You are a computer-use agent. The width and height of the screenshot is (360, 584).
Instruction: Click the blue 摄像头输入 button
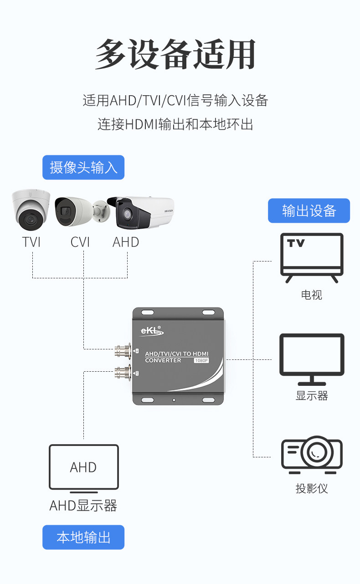(83, 167)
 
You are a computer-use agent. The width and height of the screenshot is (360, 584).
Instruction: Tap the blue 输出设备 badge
(309, 210)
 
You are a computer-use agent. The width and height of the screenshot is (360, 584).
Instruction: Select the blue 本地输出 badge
(83, 537)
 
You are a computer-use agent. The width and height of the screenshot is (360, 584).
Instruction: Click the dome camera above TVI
(31, 210)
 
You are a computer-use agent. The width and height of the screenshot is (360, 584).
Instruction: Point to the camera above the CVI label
(82, 211)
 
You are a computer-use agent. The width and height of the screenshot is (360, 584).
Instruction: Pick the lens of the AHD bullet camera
(127, 214)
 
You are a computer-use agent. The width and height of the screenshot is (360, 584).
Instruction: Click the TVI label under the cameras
(31, 242)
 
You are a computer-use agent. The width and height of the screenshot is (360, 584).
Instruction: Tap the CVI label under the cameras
(80, 242)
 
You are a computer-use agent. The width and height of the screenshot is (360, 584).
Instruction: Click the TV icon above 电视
(312, 257)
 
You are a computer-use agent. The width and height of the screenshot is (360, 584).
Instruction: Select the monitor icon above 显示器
(312, 359)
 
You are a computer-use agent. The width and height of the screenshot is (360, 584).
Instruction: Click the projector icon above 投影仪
(312, 455)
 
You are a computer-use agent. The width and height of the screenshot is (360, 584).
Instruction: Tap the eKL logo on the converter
(152, 331)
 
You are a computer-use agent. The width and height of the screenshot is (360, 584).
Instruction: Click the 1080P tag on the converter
(201, 361)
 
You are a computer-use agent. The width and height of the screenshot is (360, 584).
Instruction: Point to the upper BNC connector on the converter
(122, 351)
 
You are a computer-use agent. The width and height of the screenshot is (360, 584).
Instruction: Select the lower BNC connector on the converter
(122, 373)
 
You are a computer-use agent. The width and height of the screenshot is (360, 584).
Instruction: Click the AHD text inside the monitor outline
(83, 467)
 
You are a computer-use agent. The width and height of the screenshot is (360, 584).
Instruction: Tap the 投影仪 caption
(312, 489)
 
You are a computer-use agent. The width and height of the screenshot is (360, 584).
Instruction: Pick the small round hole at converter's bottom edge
(174, 400)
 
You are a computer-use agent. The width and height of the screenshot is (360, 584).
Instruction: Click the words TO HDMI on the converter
(195, 353)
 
